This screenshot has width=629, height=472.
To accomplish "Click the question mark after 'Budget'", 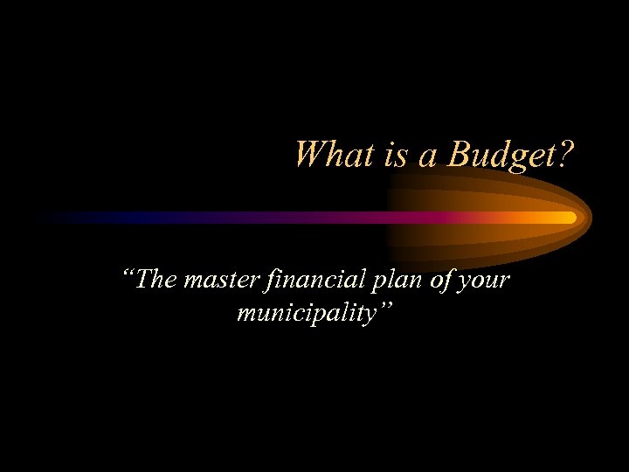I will (x=566, y=155).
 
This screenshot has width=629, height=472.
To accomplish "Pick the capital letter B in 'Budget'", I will (x=458, y=155).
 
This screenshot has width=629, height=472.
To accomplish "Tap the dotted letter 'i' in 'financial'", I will (x=280, y=283).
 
